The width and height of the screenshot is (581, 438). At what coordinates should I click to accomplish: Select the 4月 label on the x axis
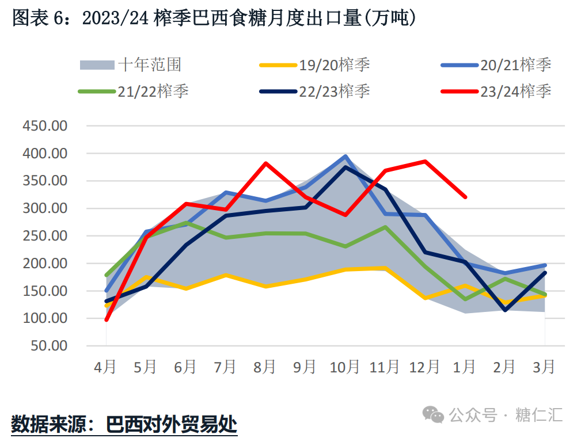click(x=106, y=367)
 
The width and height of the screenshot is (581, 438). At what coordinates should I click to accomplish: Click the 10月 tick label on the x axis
click(x=345, y=367)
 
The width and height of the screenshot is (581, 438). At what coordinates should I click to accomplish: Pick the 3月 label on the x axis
click(x=544, y=367)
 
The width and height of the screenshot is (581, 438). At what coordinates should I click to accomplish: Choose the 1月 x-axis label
click(x=465, y=367)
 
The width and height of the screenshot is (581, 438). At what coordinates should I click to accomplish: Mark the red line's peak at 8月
click(x=265, y=163)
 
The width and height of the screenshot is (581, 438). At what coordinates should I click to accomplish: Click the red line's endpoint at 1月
click(x=465, y=197)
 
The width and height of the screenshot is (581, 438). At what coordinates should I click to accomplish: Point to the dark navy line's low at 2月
click(x=505, y=310)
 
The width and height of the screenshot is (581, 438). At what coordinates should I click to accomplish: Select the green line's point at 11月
click(x=385, y=227)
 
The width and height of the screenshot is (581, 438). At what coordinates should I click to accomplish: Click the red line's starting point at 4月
click(x=107, y=319)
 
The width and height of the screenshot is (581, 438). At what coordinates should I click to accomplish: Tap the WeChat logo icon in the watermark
click(x=433, y=414)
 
